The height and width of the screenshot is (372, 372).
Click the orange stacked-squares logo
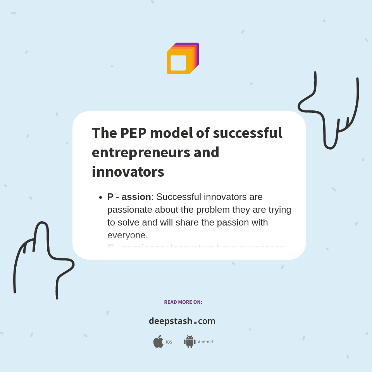pos(183,58)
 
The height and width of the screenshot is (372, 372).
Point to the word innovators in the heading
pos(128,172)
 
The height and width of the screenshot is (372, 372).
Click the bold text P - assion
pos(129,197)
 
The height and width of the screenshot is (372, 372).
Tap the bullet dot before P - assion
pos(100,197)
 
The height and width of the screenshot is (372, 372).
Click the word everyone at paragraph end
pos(127,235)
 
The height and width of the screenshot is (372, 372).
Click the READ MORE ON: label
pos(183,302)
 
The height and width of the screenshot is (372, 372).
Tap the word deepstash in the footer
pos(170,321)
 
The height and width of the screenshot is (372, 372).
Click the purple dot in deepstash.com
pos(195,322)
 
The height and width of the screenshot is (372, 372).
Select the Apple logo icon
pos(158,342)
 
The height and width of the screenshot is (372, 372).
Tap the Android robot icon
pos(189,342)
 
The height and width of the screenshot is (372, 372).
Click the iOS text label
pos(169,342)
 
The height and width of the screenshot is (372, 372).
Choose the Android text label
pos(205,342)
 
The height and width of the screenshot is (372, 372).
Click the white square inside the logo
pos(178,63)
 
